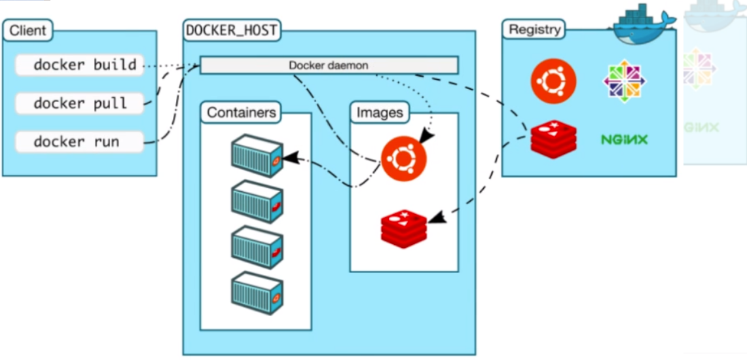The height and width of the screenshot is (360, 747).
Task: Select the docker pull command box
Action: tap(79, 103)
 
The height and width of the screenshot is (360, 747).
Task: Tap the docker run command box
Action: tap(79, 141)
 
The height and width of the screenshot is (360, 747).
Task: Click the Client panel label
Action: tap(28, 30)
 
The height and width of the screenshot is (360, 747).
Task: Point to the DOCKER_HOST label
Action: tap(232, 30)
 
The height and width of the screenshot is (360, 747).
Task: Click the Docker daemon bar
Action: tap(329, 65)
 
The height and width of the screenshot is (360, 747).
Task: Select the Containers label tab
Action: tap(242, 113)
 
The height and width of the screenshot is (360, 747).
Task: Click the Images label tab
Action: tap(380, 113)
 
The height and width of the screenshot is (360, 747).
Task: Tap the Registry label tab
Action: tap(534, 30)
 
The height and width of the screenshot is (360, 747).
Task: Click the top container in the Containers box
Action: tap(257, 156)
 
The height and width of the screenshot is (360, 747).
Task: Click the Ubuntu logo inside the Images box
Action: tap(403, 160)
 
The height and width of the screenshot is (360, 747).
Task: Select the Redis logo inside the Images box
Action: tap(403, 228)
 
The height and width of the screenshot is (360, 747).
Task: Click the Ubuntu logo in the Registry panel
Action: tap(553, 81)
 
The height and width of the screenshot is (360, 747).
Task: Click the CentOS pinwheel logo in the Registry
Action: tap(625, 81)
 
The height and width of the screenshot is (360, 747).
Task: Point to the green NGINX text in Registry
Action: tap(624, 139)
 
